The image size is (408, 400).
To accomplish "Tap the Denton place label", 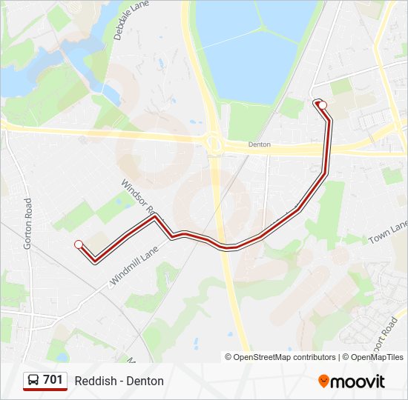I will (x=260, y=144).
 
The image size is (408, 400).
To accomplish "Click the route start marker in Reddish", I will (x=79, y=244).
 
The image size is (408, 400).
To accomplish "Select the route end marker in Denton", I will (x=323, y=105).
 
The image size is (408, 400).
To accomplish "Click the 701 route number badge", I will (x=53, y=380).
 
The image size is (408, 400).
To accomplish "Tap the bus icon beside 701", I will (x=34, y=380).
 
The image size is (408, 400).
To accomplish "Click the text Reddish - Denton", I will (x=119, y=381).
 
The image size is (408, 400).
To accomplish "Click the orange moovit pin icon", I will (x=323, y=381).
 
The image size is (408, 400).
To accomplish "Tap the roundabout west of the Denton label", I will (x=214, y=141).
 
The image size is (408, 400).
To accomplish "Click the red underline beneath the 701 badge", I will (x=45, y=389).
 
